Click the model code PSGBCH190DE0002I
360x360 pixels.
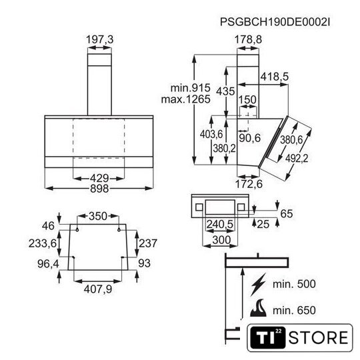pos(275,22)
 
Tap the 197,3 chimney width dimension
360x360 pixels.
pos(99,39)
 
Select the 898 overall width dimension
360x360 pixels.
pos(99,189)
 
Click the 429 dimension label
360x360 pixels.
pos(99,178)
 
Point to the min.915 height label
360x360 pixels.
pos(190,88)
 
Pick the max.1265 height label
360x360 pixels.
pos(186,99)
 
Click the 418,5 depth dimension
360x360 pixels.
pos(275,77)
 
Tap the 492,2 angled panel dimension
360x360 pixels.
pos(297,158)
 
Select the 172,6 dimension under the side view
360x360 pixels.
pos(249,184)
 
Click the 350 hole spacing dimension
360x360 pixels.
pos(98,216)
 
